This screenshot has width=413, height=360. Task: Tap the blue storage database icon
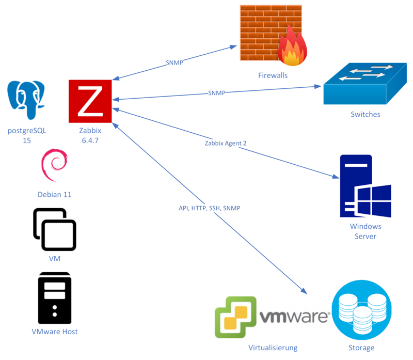pyautogui.click(x=361, y=310)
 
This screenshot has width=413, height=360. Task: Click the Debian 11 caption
pyautogui.click(x=54, y=195)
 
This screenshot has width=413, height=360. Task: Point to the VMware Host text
pyautogui.click(x=55, y=332)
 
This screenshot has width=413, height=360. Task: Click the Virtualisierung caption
pyautogui.click(x=273, y=348)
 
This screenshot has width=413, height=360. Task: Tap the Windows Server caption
pyautogui.click(x=365, y=231)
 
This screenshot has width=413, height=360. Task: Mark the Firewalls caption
pyautogui.click(x=273, y=75)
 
